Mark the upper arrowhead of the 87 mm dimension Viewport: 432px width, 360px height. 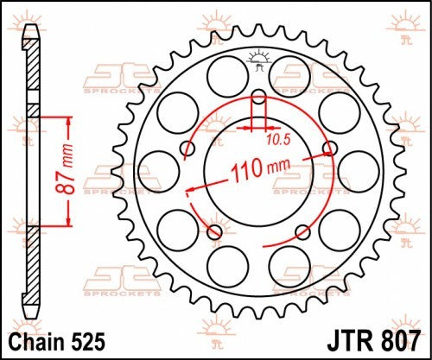65,117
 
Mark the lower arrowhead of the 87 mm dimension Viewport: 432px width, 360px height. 65,226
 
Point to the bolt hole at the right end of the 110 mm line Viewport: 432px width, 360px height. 327,148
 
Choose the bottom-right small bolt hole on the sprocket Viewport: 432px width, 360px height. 301,231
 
